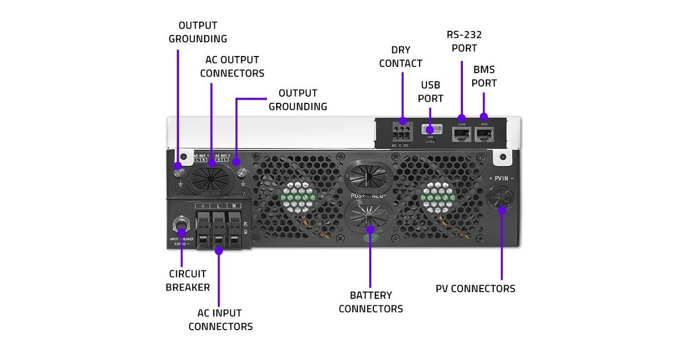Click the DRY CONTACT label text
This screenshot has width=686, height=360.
[400, 57]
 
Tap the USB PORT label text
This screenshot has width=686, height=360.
[430, 91]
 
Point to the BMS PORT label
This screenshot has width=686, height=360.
[484, 76]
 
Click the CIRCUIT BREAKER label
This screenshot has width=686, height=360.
[188, 281]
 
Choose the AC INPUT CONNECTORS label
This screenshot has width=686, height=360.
[220, 320]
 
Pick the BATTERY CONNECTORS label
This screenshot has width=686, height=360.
[370, 302]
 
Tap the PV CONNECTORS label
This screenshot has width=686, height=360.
[475, 289]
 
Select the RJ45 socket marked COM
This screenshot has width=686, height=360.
[461, 134]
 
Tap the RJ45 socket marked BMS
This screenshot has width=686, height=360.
[484, 134]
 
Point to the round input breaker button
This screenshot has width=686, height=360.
[182, 222]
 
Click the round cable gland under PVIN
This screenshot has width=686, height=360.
[501, 201]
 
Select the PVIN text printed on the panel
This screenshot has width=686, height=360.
[501, 178]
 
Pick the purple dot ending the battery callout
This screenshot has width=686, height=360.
[370, 229]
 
